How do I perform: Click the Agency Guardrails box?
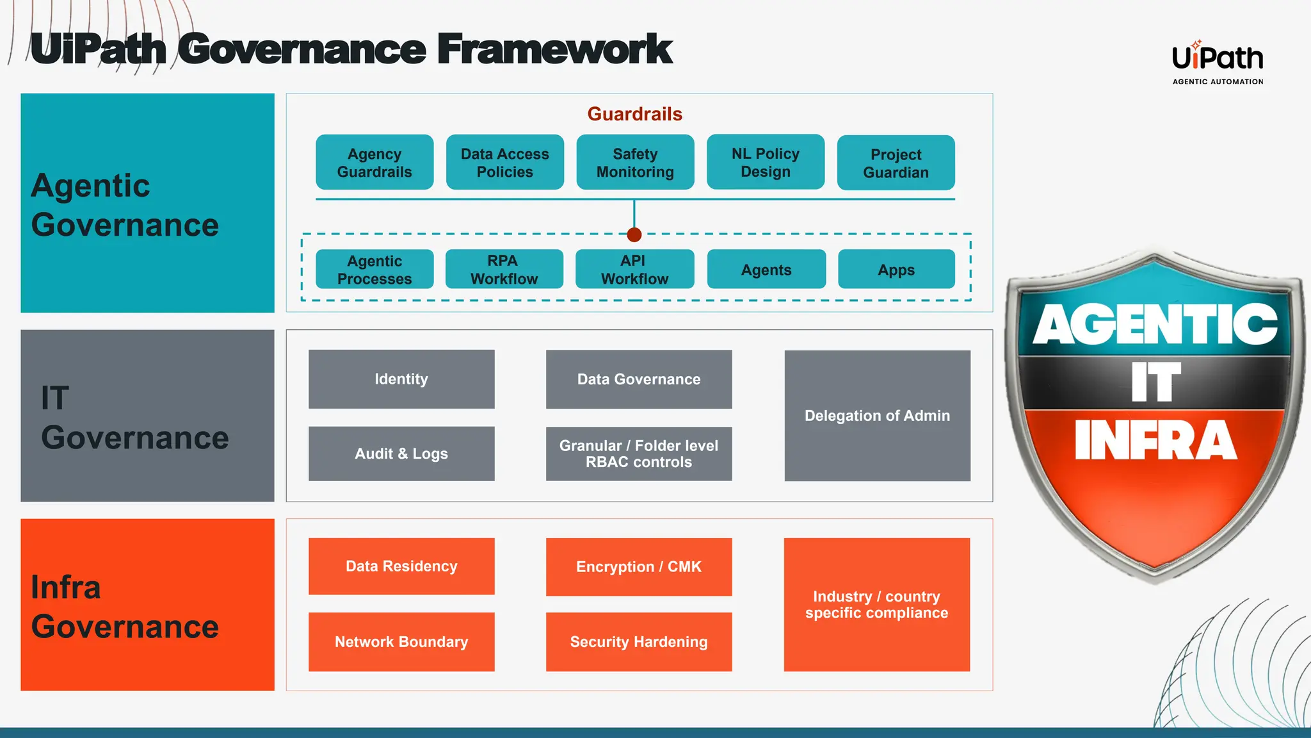point(374,162)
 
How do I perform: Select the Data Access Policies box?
point(504,162)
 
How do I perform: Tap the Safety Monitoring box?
point(635,162)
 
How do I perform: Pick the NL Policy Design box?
point(766,162)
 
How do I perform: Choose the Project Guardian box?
point(896,163)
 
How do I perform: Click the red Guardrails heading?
point(634,114)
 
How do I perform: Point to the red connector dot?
point(634,234)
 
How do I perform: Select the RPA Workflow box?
point(504,269)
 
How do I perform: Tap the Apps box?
point(896,269)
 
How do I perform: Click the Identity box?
point(401,379)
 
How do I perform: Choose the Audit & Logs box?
point(401,454)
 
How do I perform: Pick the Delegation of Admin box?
point(877,415)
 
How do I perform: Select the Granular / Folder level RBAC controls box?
point(638,454)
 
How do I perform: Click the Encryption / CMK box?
point(638,566)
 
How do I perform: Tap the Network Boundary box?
point(401,641)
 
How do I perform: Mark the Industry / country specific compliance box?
point(876,604)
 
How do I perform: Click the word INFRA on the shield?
point(1155,441)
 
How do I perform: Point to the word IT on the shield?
point(1155,382)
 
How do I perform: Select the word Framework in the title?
point(554,50)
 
